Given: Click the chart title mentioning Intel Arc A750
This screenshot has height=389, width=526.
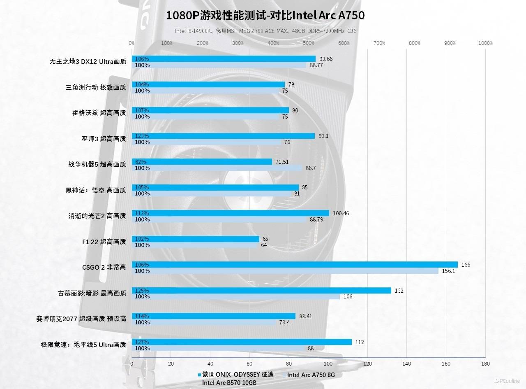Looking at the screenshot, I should pos(265,16).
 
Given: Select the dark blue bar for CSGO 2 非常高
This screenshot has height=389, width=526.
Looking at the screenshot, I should pos(294,265).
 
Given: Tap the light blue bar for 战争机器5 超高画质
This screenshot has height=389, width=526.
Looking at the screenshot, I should pos(217,168).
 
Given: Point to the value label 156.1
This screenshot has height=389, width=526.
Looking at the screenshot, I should pos(448,271).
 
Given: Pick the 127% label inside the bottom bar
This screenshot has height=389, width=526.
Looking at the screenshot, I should pos(142,342).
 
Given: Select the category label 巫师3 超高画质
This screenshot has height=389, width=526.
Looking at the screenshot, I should pos(104,139).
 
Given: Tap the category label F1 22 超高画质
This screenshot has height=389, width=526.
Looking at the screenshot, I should pos(104,242).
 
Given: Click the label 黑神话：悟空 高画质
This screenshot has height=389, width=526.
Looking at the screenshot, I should pos(96,191).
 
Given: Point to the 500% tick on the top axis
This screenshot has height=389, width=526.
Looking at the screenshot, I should pos(309,43).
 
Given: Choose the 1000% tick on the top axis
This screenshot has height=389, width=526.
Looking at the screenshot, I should pos(485,43).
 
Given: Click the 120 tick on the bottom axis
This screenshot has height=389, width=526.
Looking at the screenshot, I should pos(367,364).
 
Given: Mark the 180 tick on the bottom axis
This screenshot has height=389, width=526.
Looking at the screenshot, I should pos(485,364).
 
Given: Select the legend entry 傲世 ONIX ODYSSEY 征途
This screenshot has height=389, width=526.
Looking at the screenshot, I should pos(235,375).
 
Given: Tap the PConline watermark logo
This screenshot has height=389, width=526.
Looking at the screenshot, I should pos(507,380).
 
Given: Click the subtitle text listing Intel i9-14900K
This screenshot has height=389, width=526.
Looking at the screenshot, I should pos(265,31).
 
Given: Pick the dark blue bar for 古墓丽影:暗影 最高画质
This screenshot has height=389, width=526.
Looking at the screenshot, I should pos(261,291).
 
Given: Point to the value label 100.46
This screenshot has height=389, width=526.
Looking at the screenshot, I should pos(341,213).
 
